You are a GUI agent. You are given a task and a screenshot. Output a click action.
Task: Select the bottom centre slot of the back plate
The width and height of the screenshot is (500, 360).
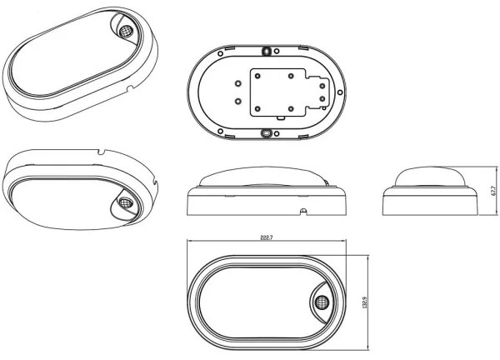pos(267,132)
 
